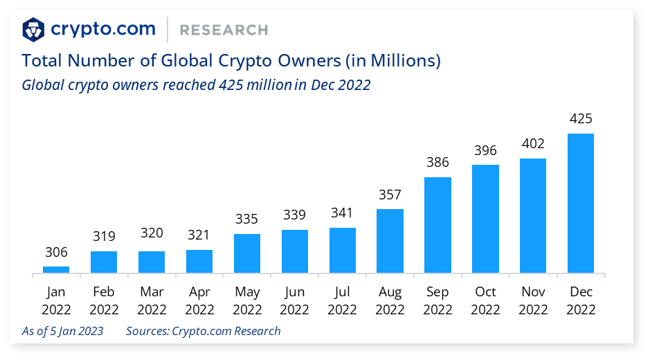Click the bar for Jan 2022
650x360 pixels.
pyautogui.click(x=56, y=269)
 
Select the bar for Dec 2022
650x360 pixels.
pyautogui.click(x=581, y=204)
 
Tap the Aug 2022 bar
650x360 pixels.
pyautogui.click(x=390, y=241)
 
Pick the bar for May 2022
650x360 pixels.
pyautogui.click(x=247, y=253)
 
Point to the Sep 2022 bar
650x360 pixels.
pyautogui.click(x=437, y=225)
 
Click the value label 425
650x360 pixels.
pyautogui.click(x=581, y=118)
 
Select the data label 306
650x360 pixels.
pyautogui.click(x=56, y=252)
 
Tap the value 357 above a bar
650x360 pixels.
pyautogui.click(x=390, y=195)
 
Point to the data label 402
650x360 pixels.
pyautogui.click(x=533, y=143)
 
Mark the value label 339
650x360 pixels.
pyautogui.click(x=294, y=215)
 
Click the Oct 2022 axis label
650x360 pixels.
pyautogui.click(x=485, y=300)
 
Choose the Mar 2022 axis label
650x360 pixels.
pyautogui.click(x=152, y=300)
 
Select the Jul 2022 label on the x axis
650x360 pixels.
pyautogui.click(x=343, y=300)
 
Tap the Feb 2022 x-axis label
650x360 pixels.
pyautogui.click(x=104, y=300)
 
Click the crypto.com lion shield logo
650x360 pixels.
pyautogui.click(x=33, y=30)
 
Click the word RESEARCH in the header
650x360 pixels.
pyautogui.click(x=224, y=30)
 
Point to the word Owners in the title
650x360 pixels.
pyautogui.click(x=309, y=60)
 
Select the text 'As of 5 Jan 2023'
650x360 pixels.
pyautogui.click(x=62, y=331)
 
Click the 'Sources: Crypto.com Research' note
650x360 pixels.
pyautogui.click(x=204, y=331)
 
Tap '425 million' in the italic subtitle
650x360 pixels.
pyautogui.click(x=255, y=85)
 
